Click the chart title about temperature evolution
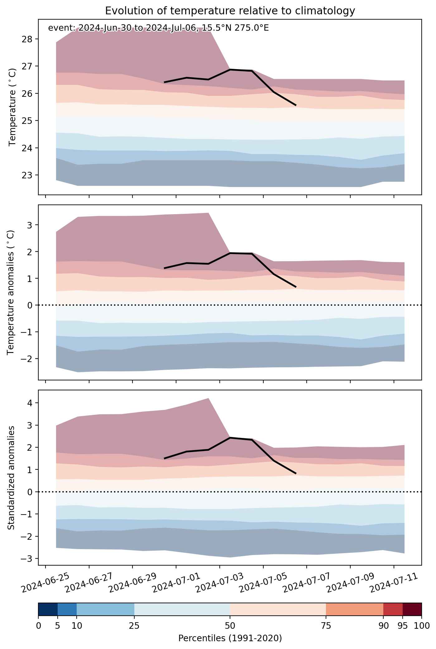point(230,11)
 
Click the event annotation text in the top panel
point(158,28)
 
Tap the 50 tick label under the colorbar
point(230,626)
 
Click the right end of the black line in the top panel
point(295,105)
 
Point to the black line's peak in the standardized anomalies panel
point(230,438)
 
